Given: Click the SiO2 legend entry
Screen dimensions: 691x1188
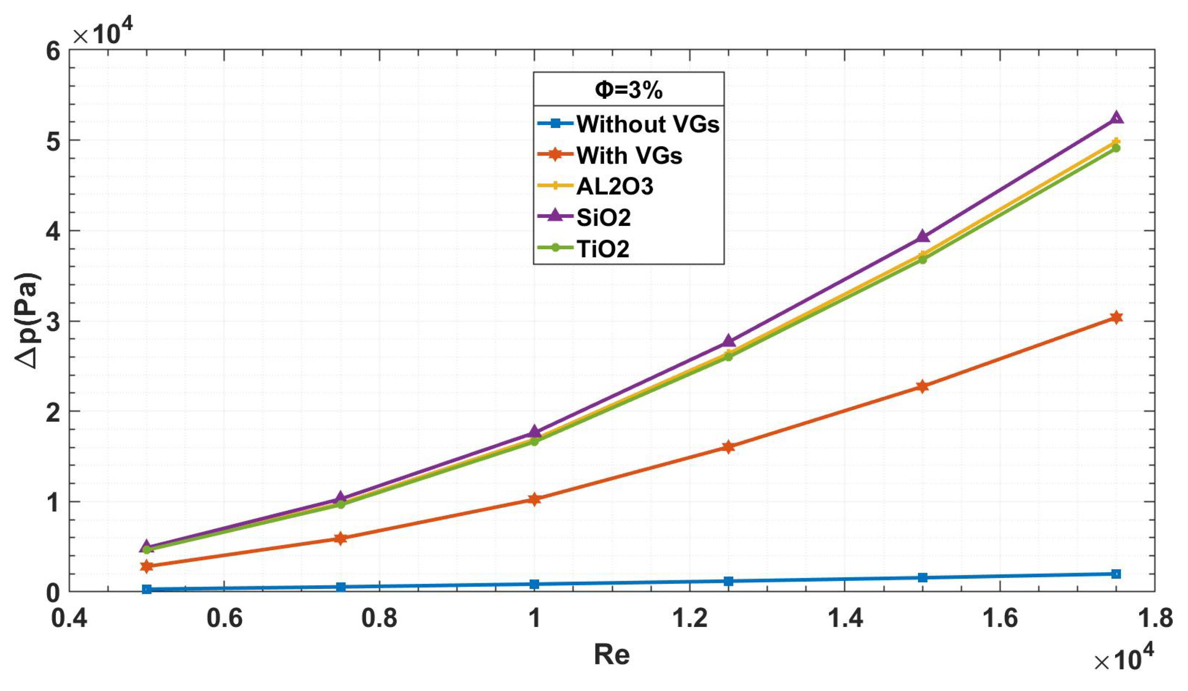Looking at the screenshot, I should (604, 217).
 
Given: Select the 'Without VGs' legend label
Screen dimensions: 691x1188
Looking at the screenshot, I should (648, 124).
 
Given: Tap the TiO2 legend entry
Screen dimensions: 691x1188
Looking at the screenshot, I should (603, 248).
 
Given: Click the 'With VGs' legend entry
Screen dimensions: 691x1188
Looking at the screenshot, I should (629, 155).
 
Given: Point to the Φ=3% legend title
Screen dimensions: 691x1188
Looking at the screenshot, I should (629, 89).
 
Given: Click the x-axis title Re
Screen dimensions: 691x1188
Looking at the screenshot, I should (612, 655).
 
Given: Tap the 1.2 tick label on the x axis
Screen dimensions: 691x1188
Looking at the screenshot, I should (689, 618).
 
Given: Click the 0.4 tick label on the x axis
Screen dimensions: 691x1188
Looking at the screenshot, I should (70, 618).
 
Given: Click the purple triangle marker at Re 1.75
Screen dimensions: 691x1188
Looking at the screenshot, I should (1116, 118).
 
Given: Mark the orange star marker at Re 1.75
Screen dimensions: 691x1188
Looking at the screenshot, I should (1116, 318).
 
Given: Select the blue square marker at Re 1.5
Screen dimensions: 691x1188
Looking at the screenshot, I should (923, 577).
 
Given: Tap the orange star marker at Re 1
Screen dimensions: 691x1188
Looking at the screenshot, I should (534, 499).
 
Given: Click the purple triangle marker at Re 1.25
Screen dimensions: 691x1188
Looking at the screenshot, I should (729, 340).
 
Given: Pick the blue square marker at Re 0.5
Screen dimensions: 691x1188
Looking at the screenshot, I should (147, 589).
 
